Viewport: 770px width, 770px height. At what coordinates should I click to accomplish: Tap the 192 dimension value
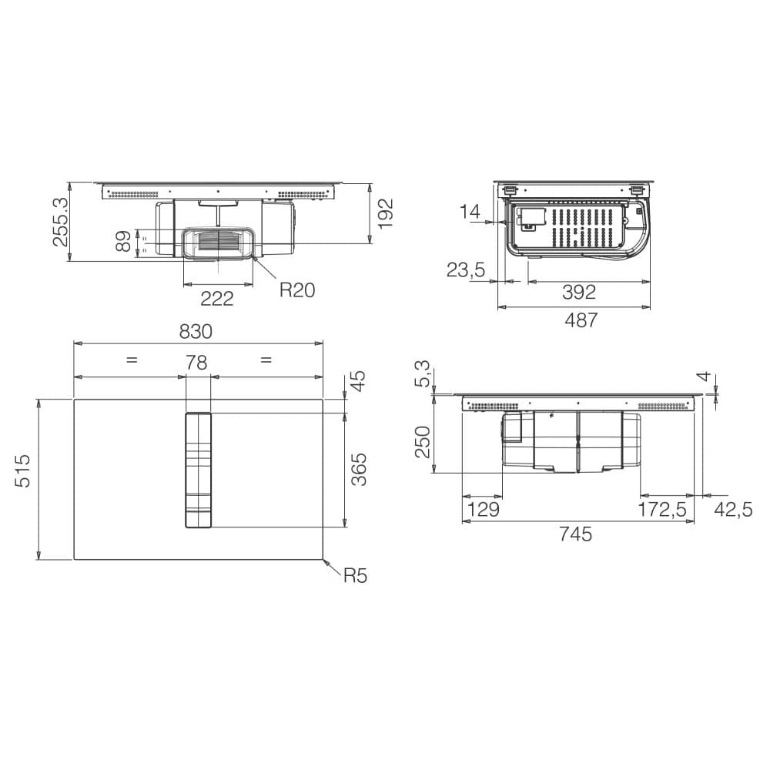386,213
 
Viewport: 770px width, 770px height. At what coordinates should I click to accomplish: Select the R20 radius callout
296,290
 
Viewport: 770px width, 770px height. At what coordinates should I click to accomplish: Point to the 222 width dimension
217,299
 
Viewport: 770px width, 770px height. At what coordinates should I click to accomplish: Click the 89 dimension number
124,241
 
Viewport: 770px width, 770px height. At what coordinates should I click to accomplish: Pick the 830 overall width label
196,332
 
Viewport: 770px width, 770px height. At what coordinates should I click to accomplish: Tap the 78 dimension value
196,363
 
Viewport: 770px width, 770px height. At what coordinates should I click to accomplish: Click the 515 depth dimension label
23,471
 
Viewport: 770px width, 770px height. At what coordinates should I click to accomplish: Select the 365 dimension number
359,470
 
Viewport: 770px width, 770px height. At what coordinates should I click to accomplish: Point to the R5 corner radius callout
355,575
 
